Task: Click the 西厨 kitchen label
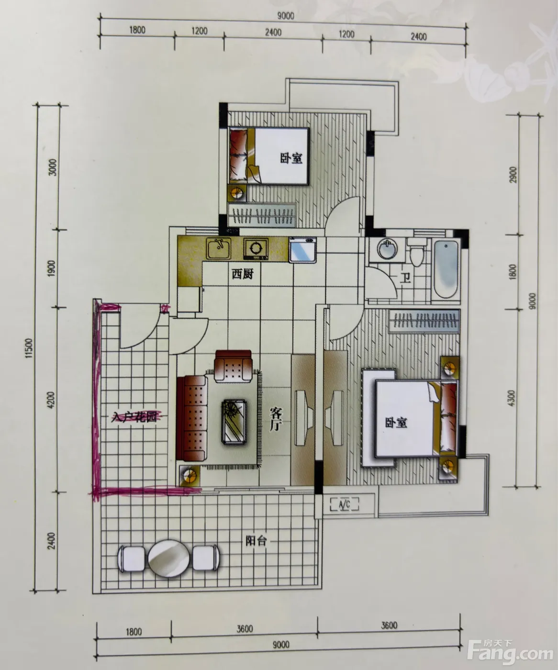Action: [243, 274]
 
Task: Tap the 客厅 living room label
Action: [276, 419]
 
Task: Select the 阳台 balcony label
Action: [257, 541]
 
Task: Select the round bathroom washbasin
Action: [387, 249]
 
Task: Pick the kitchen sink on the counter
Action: [219, 248]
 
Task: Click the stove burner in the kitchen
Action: [256, 248]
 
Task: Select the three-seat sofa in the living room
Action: [191, 419]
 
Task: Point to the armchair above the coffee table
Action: [233, 366]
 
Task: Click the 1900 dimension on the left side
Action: [53, 268]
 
